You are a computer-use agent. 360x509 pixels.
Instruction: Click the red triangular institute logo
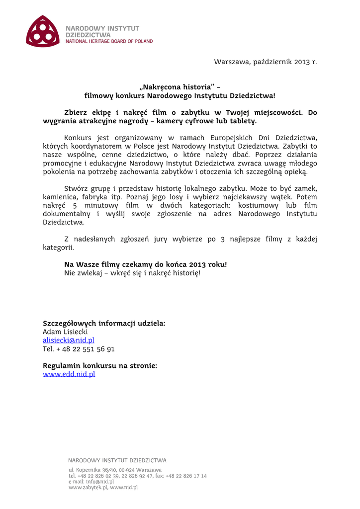click(x=42, y=31)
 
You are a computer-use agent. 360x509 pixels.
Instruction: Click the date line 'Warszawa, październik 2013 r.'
click(x=265, y=62)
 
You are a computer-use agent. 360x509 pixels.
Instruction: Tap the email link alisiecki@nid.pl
click(x=68, y=340)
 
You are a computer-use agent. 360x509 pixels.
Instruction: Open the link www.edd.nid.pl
click(x=69, y=374)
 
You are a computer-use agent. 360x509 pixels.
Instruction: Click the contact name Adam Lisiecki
click(x=65, y=332)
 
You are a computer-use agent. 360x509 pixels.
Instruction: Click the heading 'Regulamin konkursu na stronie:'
click(x=100, y=366)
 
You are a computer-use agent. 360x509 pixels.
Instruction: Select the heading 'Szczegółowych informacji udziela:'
click(x=104, y=324)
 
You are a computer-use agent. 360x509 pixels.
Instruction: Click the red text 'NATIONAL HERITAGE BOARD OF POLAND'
click(x=109, y=41)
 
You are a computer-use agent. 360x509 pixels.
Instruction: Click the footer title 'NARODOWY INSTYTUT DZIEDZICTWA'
click(x=117, y=460)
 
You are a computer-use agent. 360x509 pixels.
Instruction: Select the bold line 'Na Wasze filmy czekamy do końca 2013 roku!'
click(x=145, y=264)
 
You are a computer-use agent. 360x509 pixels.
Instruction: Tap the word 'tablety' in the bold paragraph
click(x=241, y=121)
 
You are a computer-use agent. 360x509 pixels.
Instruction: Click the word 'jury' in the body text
click(x=160, y=239)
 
